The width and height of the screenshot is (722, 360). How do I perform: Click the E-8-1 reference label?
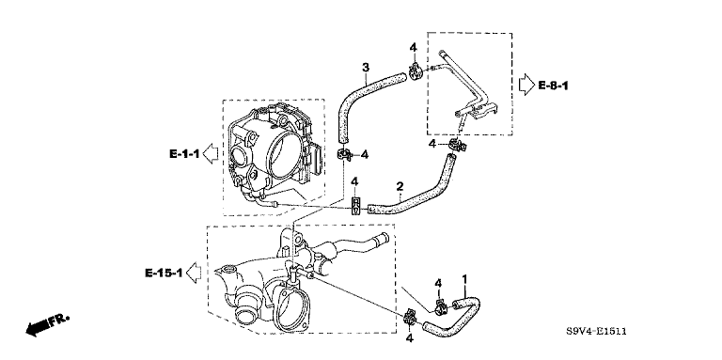[x=553, y=86]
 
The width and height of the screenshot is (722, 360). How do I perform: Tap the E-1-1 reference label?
[x=184, y=154]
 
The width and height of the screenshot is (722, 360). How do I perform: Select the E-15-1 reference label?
[x=165, y=274]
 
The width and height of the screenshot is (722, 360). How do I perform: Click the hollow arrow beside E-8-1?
[x=526, y=86]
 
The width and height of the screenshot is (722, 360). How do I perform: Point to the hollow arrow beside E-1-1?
[x=211, y=154]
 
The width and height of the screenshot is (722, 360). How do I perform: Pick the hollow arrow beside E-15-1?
[x=195, y=273]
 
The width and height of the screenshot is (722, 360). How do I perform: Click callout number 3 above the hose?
[x=365, y=68]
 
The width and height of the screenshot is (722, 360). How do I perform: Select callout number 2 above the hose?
[x=400, y=186]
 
